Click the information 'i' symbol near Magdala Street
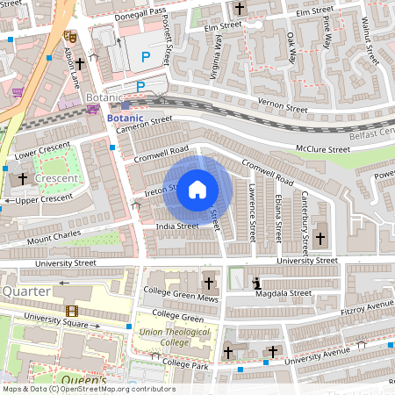pyautogui.click(x=256, y=284)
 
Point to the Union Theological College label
pyautogui.click(x=176, y=338)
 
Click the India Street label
pyautogui.click(x=176, y=226)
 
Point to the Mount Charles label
pyautogui.click(x=52, y=237)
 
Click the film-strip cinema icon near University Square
pyautogui.click(x=70, y=310)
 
